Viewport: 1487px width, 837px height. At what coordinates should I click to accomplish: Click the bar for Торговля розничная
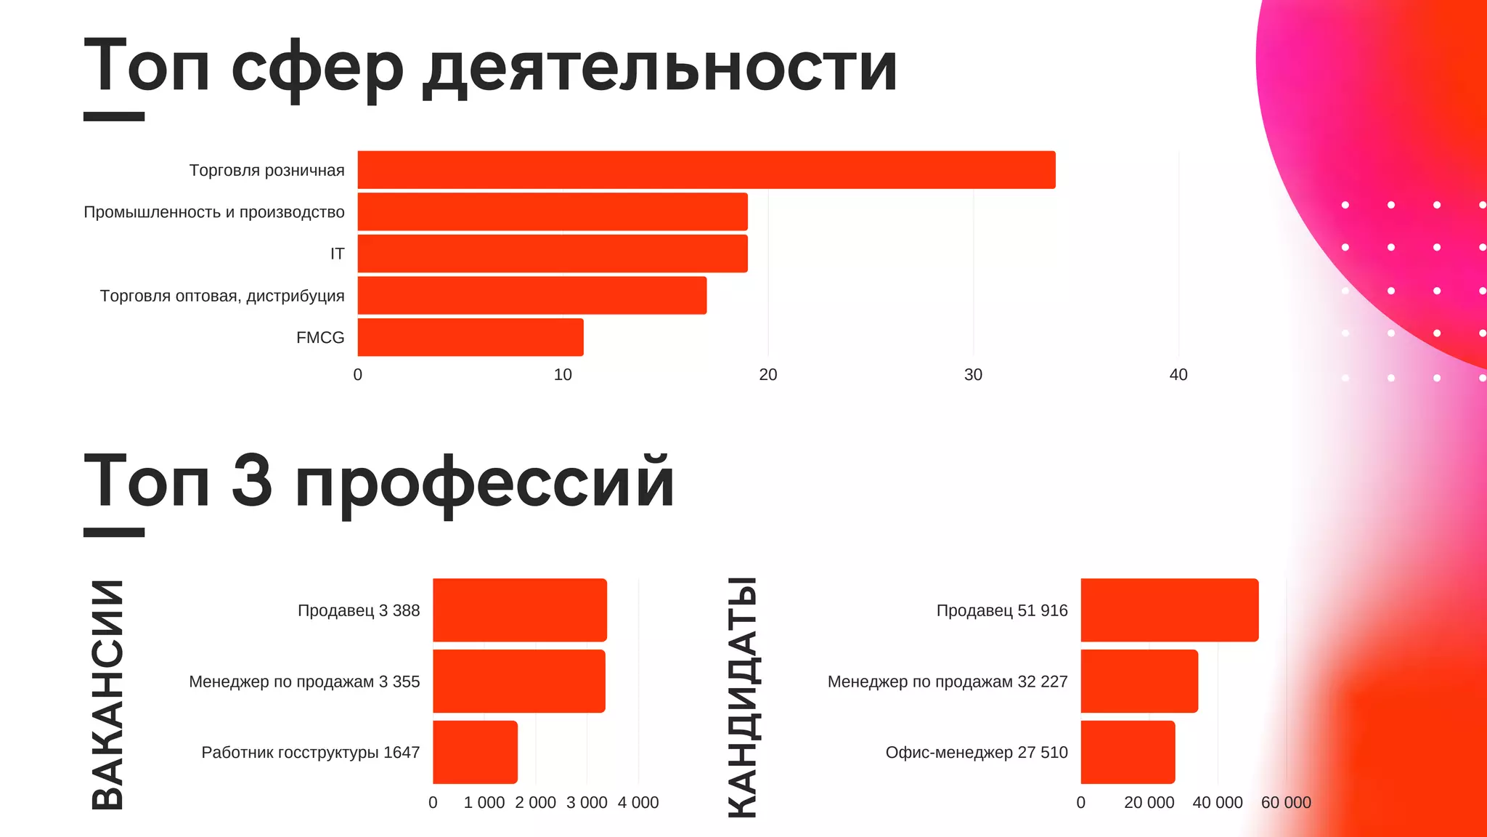click(x=706, y=170)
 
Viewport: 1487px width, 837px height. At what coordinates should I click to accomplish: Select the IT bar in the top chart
click(x=552, y=254)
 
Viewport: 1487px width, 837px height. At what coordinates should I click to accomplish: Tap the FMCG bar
click(x=470, y=337)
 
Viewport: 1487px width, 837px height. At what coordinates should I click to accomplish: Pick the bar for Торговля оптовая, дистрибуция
click(x=531, y=295)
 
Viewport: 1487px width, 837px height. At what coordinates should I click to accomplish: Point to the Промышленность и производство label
click(x=214, y=212)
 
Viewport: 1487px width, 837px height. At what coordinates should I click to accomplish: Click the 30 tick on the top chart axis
click(x=973, y=375)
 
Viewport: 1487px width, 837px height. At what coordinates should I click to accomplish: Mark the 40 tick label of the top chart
click(x=1178, y=375)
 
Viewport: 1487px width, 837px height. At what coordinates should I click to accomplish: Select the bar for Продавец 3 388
click(x=519, y=610)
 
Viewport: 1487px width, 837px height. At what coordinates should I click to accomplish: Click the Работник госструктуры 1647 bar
click(x=475, y=752)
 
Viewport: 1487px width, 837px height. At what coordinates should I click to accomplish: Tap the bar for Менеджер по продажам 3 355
click(x=518, y=682)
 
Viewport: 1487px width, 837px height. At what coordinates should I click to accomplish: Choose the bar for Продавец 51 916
click(x=1169, y=610)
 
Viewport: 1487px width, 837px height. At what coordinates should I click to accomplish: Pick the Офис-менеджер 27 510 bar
click(x=1127, y=752)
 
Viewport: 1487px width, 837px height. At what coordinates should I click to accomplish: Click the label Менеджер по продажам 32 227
click(x=948, y=682)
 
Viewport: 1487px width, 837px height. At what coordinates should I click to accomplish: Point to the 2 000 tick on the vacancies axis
click(x=535, y=803)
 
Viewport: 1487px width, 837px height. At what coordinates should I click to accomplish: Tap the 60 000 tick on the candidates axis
click(x=1286, y=803)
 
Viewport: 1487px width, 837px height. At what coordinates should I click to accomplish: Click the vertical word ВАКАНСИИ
click(x=108, y=695)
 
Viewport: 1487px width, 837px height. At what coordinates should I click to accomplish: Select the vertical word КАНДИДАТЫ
click(x=743, y=697)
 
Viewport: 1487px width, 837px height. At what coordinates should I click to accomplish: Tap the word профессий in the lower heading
click(x=485, y=482)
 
